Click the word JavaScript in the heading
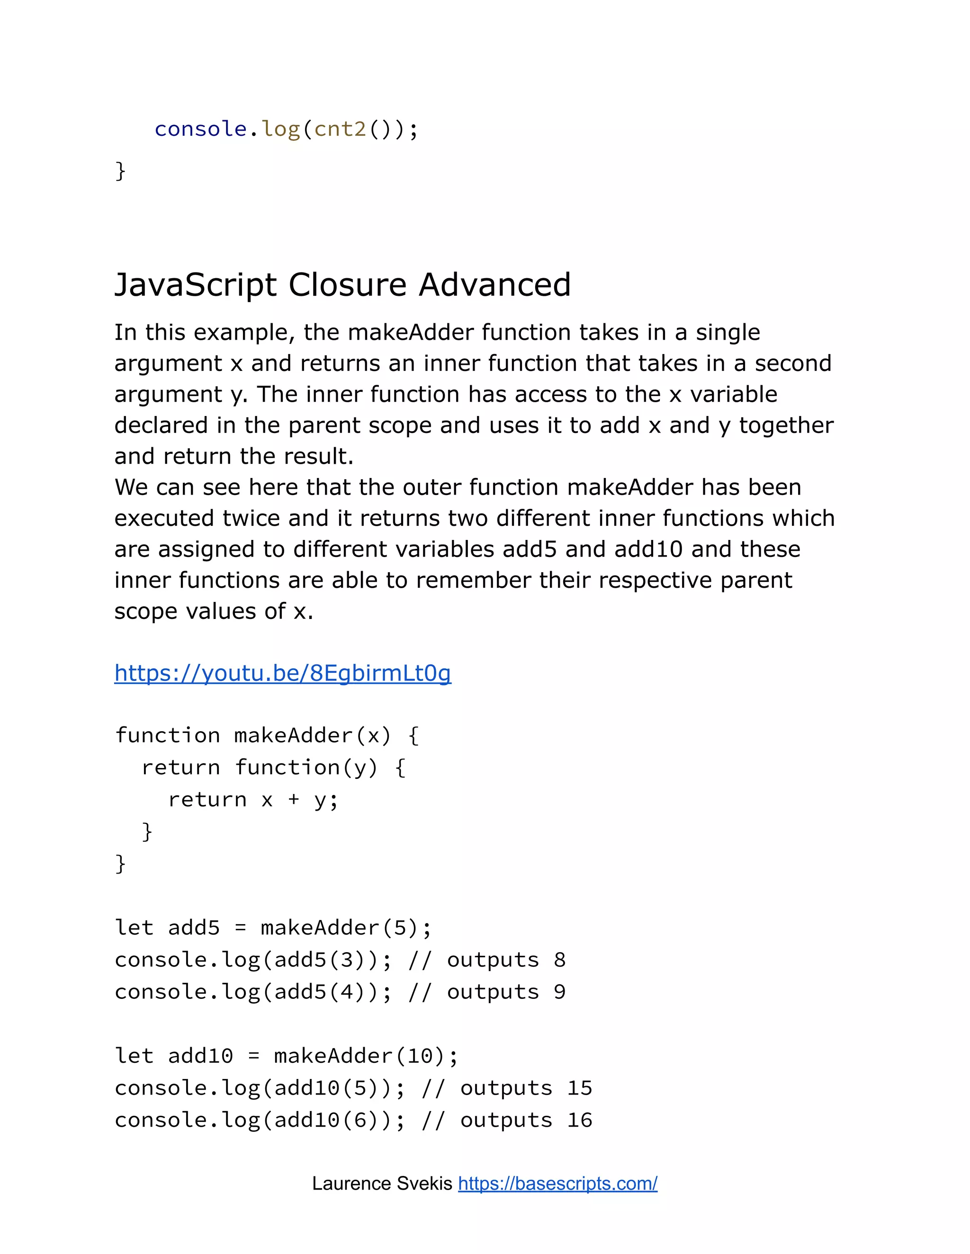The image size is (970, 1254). (x=196, y=285)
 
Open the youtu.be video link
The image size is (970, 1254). (x=283, y=673)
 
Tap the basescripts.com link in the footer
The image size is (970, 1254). (x=557, y=1183)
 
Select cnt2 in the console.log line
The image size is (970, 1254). (x=340, y=129)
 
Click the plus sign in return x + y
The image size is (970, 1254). (x=294, y=799)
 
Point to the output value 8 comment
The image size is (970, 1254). (x=560, y=960)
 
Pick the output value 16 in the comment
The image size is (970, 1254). (x=579, y=1120)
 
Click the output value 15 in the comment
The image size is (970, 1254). (x=579, y=1087)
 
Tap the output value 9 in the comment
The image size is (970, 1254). (x=560, y=991)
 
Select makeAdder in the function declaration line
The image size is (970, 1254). (x=293, y=735)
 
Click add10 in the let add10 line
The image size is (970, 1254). (x=200, y=1056)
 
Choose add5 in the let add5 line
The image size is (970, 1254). (x=194, y=927)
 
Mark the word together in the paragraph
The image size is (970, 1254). (x=786, y=425)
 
